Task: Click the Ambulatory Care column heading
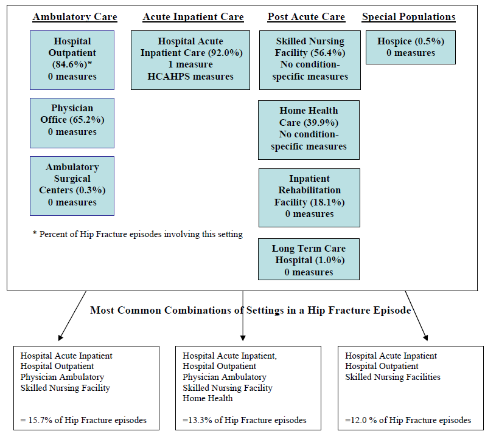pyautogui.click(x=75, y=17)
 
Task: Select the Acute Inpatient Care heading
pyautogui.click(x=193, y=17)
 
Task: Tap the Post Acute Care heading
pyautogui.click(x=306, y=17)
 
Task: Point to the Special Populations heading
pyautogui.click(x=408, y=17)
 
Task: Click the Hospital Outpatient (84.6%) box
pyautogui.click(x=72, y=59)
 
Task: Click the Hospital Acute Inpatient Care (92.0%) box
pyautogui.click(x=190, y=60)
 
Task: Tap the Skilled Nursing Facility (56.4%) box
pyautogui.click(x=309, y=60)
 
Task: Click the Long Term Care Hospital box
pyautogui.click(x=309, y=259)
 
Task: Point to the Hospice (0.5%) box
pyautogui.click(x=410, y=47)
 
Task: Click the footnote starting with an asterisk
pyautogui.click(x=138, y=234)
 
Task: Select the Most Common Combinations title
pyautogui.click(x=250, y=310)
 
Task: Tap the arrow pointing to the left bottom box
pyautogui.click(x=72, y=315)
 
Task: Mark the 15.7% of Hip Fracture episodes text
pyautogui.click(x=83, y=420)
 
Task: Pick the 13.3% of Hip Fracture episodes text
pyautogui.click(x=244, y=420)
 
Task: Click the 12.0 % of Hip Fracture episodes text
pyautogui.click(x=408, y=420)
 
